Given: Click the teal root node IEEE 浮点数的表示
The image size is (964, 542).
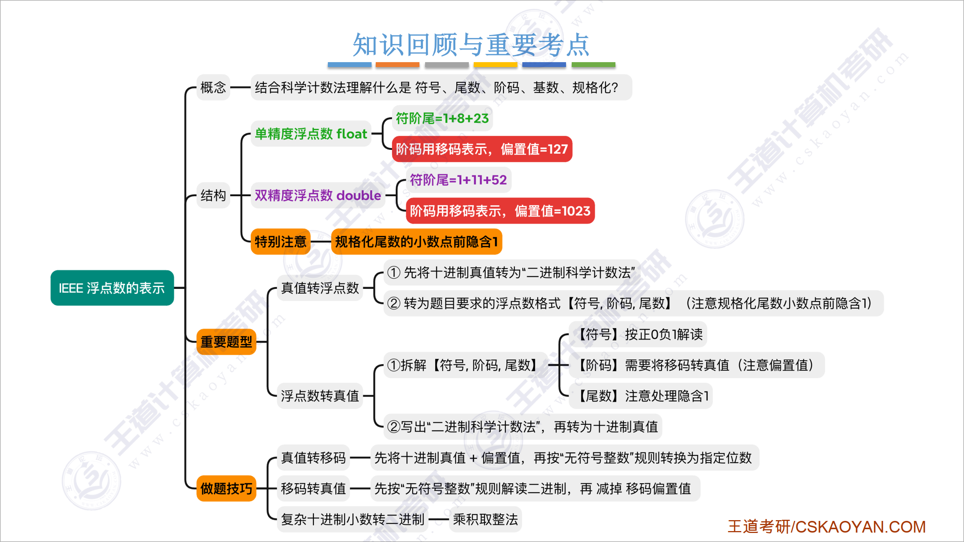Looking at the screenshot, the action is click(x=112, y=288).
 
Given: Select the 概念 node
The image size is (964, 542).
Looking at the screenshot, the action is click(x=213, y=87).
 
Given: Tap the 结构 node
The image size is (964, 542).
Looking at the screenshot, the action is click(x=213, y=195).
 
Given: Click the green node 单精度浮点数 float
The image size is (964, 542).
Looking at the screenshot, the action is click(x=311, y=134).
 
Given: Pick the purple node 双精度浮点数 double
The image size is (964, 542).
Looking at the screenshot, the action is click(x=318, y=195).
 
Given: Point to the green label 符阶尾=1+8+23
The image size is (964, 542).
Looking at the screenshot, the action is click(x=442, y=118).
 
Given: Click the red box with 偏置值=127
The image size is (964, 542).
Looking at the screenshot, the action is click(x=482, y=149).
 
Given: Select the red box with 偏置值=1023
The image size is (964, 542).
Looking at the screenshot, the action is click(x=500, y=211).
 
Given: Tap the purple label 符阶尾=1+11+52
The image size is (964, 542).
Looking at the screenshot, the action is click(x=458, y=180).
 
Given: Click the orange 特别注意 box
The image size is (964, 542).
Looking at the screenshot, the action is click(x=280, y=241).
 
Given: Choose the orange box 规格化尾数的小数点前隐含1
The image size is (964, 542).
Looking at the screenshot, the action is click(x=416, y=241).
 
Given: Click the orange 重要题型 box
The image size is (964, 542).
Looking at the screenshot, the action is click(x=226, y=342).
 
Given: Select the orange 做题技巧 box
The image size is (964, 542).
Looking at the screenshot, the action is click(x=226, y=489).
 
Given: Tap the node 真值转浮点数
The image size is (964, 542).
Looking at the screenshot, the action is click(x=320, y=288).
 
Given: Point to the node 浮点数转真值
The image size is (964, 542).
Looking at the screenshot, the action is click(x=320, y=396).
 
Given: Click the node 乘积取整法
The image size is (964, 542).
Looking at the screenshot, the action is click(x=485, y=519).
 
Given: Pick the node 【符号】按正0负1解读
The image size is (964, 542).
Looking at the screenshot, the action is click(x=638, y=334).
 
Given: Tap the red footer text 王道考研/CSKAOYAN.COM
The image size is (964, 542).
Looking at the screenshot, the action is click(x=826, y=527).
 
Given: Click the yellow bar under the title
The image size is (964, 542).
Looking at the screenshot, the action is click(x=496, y=64).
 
